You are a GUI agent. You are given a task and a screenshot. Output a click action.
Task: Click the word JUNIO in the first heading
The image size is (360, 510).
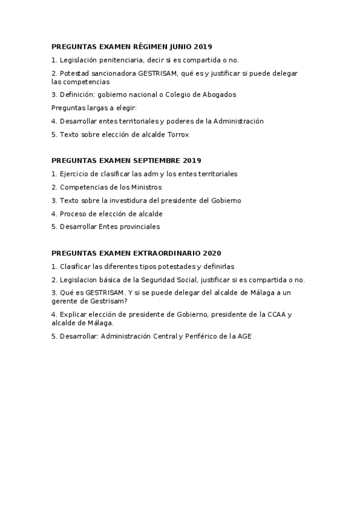point(181,46)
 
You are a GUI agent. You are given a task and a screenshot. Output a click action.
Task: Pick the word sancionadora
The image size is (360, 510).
point(111,73)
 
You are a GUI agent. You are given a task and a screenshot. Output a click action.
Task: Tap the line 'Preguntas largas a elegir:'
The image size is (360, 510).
point(94,108)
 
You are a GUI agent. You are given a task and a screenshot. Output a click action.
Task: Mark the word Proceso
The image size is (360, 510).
point(73,214)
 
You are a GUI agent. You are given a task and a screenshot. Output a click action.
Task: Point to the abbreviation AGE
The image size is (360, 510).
point(243,336)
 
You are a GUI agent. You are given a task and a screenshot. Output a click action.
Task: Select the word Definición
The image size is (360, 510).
point(75,94)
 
